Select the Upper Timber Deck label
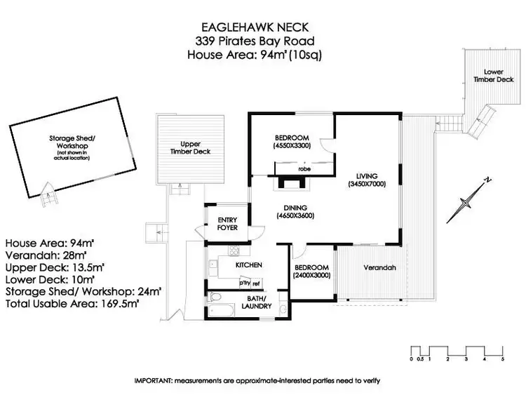click(191, 147)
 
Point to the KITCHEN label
click(248, 265)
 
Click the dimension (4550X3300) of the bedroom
click(292, 146)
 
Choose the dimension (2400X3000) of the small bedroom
click(311, 276)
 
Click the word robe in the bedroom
click(304, 168)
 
